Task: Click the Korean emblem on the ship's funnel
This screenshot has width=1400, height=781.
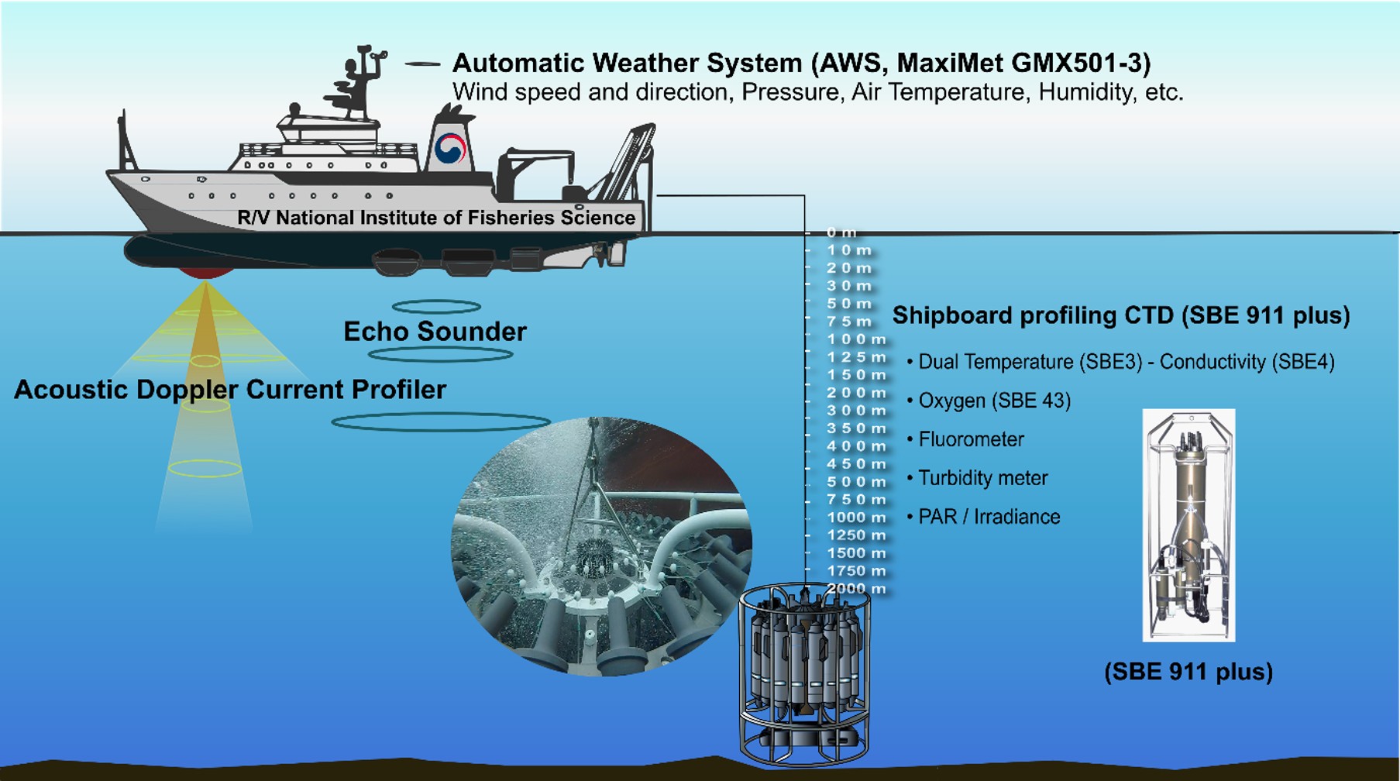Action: (x=450, y=148)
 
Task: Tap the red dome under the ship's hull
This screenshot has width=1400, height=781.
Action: (x=205, y=272)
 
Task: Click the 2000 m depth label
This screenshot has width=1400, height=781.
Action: (x=855, y=589)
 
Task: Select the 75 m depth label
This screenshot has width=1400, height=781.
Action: (x=848, y=322)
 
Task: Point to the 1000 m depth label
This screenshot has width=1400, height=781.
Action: (x=855, y=518)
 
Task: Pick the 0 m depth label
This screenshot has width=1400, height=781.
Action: (x=841, y=232)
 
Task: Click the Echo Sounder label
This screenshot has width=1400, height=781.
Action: (x=435, y=332)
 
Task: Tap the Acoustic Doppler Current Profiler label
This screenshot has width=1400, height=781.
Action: (x=230, y=389)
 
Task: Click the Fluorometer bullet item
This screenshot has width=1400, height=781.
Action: (x=970, y=439)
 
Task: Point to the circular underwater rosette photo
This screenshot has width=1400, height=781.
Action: (x=601, y=546)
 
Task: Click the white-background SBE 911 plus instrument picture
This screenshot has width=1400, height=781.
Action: (x=1188, y=525)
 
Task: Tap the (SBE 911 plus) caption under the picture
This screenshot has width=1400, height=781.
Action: (x=1188, y=671)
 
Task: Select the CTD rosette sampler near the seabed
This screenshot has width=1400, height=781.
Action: (x=804, y=674)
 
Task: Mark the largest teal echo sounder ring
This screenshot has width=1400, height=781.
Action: (x=441, y=422)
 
